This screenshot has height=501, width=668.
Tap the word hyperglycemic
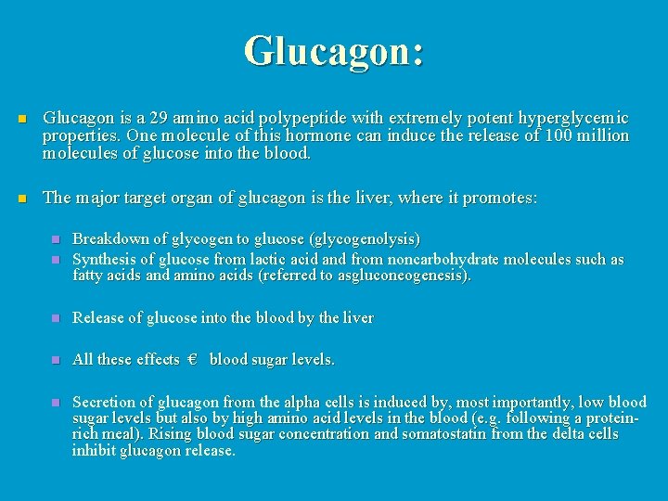[575, 119]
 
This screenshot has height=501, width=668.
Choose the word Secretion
[105, 402]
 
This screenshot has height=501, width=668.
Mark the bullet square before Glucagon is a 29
[24, 119]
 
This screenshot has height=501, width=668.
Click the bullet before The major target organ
[24, 198]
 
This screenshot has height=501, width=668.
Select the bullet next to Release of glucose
[56, 318]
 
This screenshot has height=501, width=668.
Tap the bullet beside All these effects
[56, 359]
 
